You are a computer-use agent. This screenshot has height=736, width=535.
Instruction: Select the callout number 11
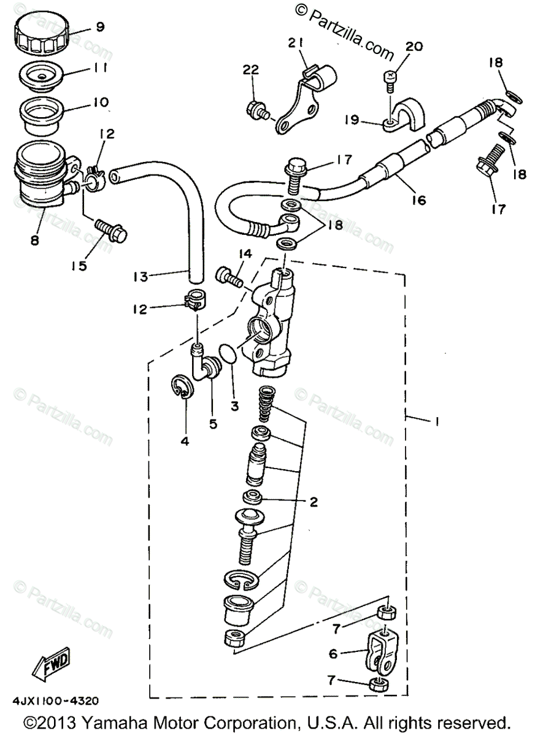coord(99,68)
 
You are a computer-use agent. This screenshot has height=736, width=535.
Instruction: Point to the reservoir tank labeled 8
coord(46,174)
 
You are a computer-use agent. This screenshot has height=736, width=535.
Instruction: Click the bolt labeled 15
coord(111,231)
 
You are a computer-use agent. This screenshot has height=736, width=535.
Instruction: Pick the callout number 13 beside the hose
coord(140,277)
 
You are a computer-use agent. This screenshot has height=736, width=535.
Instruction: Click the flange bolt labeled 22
coord(258,110)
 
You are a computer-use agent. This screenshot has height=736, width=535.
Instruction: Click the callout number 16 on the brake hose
coord(419,200)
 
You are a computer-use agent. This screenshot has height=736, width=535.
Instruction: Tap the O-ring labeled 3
coord(228,353)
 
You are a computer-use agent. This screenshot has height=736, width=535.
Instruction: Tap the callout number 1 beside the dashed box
coord(437,421)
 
